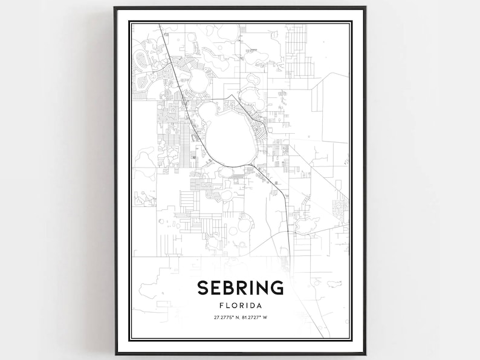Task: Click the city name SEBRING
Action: (240, 288)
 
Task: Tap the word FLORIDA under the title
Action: (240, 306)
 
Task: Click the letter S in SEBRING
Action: (202, 288)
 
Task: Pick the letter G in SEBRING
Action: (277, 288)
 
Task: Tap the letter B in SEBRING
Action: (228, 288)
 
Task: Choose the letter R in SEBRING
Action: (241, 288)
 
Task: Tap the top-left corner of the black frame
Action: (115, 7)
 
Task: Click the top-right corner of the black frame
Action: (365, 7)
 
